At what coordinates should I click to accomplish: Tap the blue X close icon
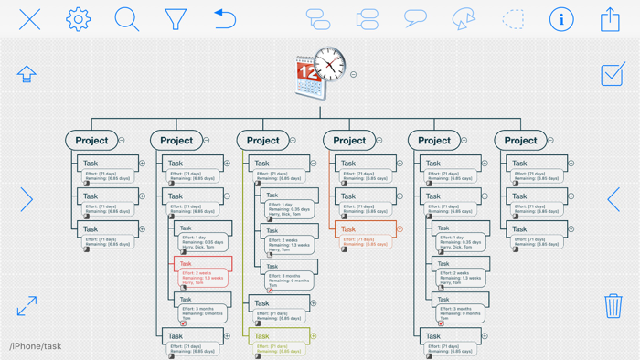tap(29, 18)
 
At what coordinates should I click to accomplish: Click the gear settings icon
tap(78, 18)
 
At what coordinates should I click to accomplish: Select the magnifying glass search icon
tap(126, 18)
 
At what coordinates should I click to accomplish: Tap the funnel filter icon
tap(176, 18)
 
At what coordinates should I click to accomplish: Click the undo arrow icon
tap(224, 18)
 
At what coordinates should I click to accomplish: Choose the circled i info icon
tap(561, 18)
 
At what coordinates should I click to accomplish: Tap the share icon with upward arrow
tap(610, 18)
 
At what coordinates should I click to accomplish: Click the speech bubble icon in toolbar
tap(415, 18)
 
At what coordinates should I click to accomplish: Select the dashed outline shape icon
tap(513, 18)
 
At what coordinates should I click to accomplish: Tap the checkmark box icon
tap(613, 74)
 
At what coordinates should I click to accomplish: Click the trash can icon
tap(613, 305)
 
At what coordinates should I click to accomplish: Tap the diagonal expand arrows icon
tap(27, 305)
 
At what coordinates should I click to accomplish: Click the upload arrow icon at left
tap(27, 74)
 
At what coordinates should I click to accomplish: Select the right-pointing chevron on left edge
tap(27, 198)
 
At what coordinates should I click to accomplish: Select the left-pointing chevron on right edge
tap(613, 198)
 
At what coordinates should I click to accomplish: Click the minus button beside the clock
tap(354, 75)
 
